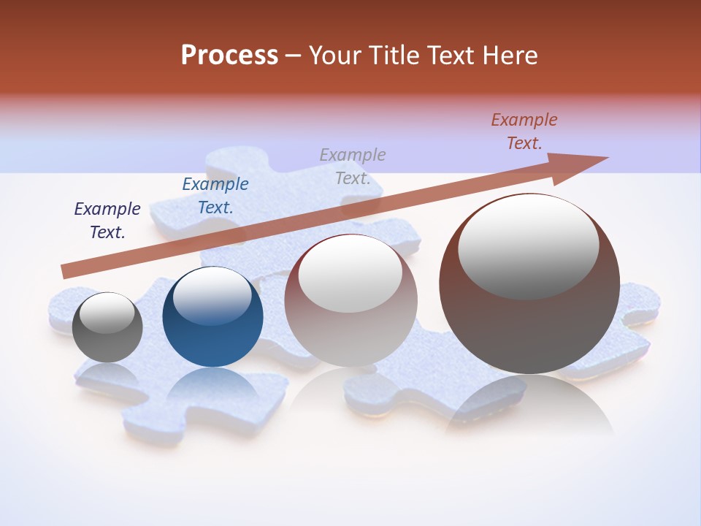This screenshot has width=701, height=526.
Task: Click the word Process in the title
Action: [x=229, y=56]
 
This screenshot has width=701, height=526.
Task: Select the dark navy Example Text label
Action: [x=107, y=221]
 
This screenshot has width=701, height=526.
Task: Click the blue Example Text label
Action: [x=215, y=196]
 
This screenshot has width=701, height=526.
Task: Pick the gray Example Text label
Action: [x=353, y=167]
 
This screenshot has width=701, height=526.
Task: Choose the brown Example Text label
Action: [x=524, y=131]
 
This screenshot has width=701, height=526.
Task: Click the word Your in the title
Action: [x=332, y=56]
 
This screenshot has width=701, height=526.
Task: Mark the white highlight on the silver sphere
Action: [x=350, y=275]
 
